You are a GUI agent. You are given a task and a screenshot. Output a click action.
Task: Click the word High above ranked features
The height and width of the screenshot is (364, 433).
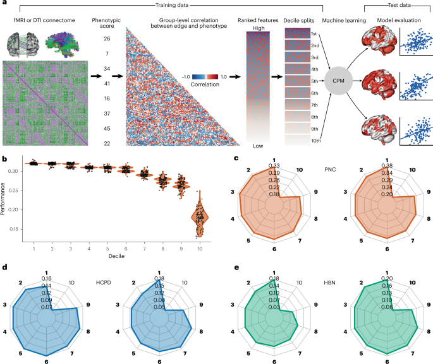[257, 27]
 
